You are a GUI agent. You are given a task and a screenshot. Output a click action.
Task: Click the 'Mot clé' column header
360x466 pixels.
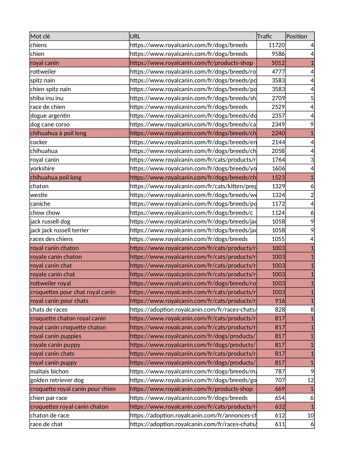[40, 36]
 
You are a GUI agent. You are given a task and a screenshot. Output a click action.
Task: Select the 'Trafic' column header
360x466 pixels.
[265, 36]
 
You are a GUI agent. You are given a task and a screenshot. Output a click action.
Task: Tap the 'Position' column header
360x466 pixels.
[296, 36]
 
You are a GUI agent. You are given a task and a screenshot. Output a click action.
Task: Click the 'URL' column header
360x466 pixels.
[135, 36]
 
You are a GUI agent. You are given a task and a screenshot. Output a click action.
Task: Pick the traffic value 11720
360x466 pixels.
[277, 45]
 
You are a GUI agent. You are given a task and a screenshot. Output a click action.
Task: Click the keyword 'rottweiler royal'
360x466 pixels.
[51, 283]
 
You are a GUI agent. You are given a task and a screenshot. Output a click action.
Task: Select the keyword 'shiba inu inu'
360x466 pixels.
[47, 98]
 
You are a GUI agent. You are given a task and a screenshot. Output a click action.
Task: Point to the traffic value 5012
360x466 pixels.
[278, 63]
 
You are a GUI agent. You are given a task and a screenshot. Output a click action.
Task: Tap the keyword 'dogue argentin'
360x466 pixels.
[50, 116]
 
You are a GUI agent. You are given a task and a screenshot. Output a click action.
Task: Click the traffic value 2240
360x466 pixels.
[278, 133]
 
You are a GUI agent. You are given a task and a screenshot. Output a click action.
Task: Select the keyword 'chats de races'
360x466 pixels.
[49, 310]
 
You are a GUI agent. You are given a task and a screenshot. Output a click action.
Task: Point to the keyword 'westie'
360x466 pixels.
[39, 195]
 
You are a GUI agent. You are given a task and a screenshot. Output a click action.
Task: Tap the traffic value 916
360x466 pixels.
[280, 301]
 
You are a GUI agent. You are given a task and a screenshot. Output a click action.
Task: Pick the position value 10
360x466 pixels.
[310, 415]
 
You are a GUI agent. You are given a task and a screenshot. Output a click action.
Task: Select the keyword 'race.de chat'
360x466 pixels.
[46, 424]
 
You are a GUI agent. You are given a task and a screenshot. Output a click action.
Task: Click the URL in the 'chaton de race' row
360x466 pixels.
[193, 415]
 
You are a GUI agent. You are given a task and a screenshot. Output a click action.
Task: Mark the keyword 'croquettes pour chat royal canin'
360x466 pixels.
[73, 292]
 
